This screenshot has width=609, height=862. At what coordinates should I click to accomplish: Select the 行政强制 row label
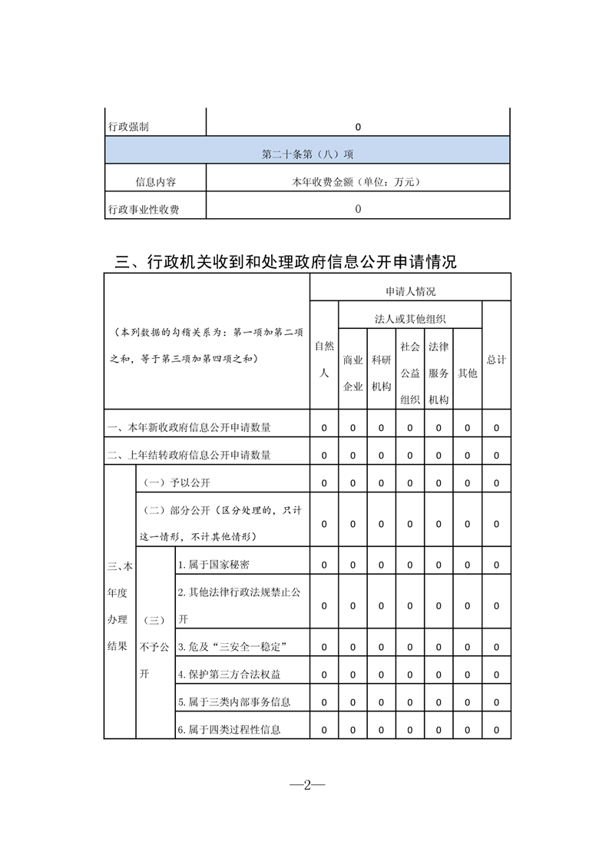129,127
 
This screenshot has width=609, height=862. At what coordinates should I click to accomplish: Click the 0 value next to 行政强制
358,127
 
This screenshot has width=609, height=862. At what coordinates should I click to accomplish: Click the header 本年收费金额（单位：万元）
358,182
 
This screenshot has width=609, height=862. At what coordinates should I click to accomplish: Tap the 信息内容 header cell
155,182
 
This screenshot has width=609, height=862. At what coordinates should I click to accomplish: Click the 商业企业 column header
352,373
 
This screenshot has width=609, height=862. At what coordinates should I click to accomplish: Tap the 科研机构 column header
382,373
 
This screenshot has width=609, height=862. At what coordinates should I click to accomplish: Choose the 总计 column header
496,360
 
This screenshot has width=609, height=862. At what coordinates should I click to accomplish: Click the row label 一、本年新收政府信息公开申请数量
189,428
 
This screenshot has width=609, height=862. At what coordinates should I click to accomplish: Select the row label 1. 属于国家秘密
213,565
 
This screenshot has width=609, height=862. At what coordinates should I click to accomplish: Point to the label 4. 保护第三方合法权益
229,675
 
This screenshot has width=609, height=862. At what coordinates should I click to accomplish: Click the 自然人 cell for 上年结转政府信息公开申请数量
324,456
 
